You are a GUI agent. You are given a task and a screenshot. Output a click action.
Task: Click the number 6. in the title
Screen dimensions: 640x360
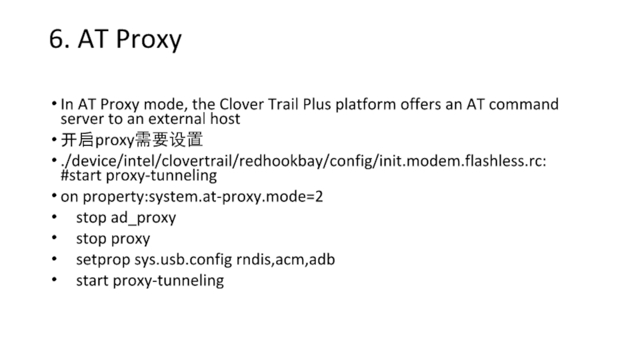click(x=58, y=40)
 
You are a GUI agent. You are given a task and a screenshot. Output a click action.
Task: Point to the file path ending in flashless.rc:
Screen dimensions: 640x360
click(x=305, y=161)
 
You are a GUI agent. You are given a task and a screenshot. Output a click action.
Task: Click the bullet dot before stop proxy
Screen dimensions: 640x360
click(x=54, y=238)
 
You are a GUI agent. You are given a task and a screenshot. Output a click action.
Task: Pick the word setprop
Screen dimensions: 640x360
click(x=102, y=259)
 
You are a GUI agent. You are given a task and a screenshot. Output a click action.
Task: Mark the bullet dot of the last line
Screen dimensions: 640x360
click(x=54, y=280)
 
